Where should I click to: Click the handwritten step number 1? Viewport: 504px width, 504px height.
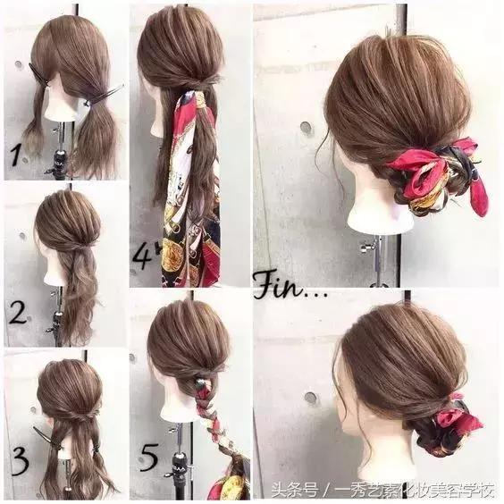[16, 155]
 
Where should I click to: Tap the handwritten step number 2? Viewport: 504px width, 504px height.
[18, 312]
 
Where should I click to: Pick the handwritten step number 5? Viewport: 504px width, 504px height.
[149, 457]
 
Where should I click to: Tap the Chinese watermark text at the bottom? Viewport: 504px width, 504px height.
[382, 491]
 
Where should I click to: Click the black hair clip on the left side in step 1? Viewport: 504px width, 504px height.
[39, 76]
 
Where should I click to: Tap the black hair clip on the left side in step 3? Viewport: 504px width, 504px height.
[43, 434]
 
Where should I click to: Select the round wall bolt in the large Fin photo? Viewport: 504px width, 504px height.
[307, 127]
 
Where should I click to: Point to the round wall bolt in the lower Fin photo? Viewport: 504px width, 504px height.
[310, 398]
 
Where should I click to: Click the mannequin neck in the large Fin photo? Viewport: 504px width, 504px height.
[379, 209]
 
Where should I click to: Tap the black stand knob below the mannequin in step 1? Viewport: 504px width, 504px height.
[61, 157]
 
